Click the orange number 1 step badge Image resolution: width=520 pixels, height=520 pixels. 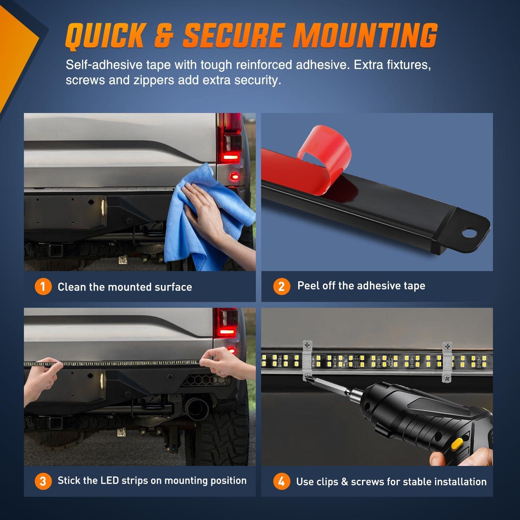pos(43,287)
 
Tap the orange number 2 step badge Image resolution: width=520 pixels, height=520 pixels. pos(281,286)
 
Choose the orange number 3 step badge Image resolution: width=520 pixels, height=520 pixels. pos(43,481)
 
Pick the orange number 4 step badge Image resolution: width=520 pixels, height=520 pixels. pos(281,482)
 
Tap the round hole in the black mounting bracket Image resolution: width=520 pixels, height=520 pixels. pos(469,232)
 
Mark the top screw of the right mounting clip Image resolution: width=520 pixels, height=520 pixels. pos(448,346)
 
